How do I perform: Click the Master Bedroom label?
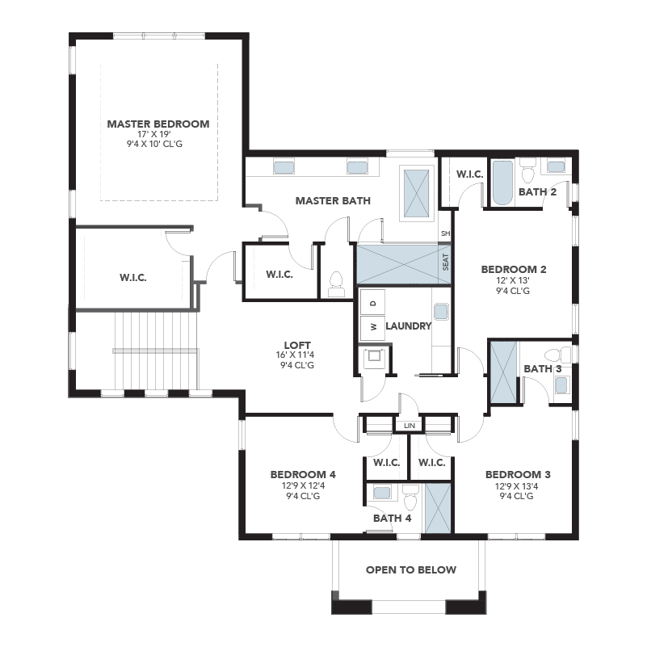click(x=158, y=124)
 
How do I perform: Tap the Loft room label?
click(x=297, y=345)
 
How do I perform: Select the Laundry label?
click(x=409, y=326)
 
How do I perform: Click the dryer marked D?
click(x=372, y=303)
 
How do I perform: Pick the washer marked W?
click(x=372, y=328)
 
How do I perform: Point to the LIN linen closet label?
click(x=410, y=426)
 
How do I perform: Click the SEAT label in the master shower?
click(x=445, y=262)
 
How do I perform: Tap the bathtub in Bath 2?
click(x=502, y=183)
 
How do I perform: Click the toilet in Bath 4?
click(x=410, y=498)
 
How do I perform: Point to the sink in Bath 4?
click(x=381, y=492)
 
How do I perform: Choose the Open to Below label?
click(x=411, y=569)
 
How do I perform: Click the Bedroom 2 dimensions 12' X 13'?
click(x=513, y=280)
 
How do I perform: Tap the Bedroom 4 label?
click(x=303, y=474)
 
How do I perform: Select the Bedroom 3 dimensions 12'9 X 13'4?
click(x=517, y=486)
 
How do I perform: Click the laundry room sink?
click(x=441, y=312)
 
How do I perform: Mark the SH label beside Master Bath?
click(x=446, y=233)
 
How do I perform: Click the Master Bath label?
click(x=333, y=201)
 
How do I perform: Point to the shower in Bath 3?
click(x=503, y=372)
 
